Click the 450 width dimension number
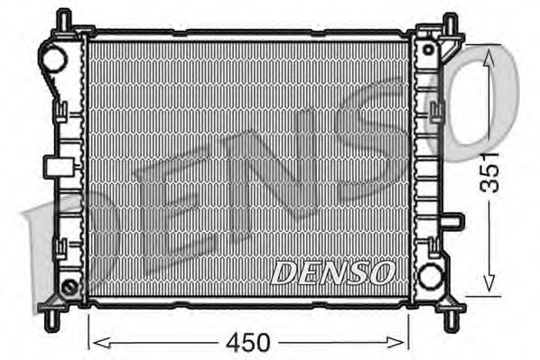coord(248,343)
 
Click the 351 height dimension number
coord(489,171)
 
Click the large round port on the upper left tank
coord(52,60)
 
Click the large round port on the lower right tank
coord(431,275)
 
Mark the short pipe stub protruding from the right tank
coord(454,220)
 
